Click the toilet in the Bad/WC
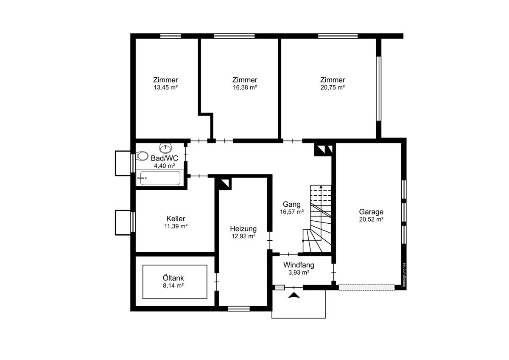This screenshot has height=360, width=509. (142, 156)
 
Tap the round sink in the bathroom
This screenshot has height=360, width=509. (165, 148)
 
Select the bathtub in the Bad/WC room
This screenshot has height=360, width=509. (160, 178)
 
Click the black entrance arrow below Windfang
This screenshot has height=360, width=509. (294, 295)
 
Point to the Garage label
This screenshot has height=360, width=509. (371, 212)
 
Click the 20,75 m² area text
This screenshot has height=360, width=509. (333, 87)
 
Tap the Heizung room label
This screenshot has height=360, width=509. (243, 228)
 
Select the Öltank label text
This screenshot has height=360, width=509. (173, 278)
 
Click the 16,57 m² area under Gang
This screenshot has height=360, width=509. (292, 212)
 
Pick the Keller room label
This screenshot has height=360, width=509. (176, 219)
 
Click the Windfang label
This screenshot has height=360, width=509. (299, 265)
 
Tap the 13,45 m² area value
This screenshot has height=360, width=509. (166, 87)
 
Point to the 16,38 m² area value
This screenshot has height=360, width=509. (245, 87)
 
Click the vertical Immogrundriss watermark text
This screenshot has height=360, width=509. (404, 275)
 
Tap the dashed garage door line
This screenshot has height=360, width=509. (366, 287)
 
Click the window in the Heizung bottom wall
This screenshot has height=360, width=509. (238, 309)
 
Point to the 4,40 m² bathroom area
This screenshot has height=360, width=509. (164, 166)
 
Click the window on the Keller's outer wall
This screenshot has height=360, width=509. (133, 222)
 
